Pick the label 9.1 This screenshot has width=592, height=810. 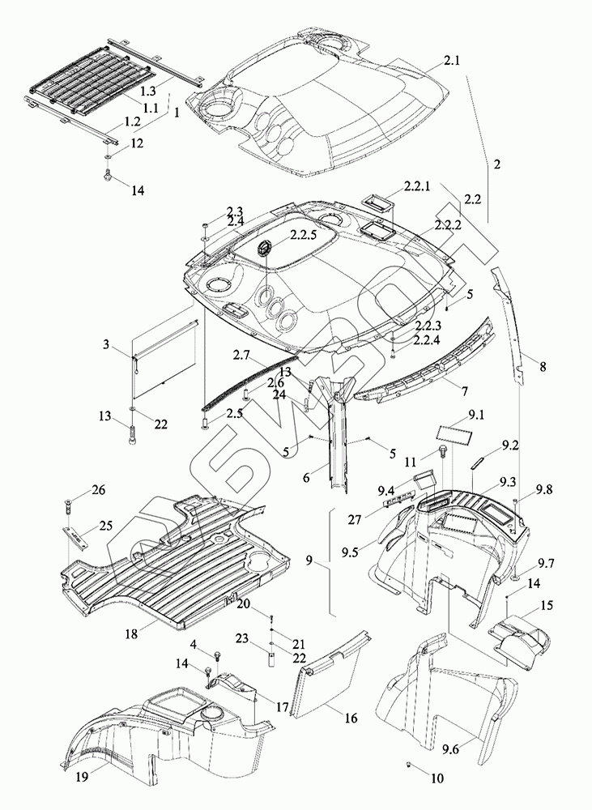[476, 417]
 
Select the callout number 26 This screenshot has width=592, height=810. [99, 490]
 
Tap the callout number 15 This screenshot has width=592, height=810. [547, 604]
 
